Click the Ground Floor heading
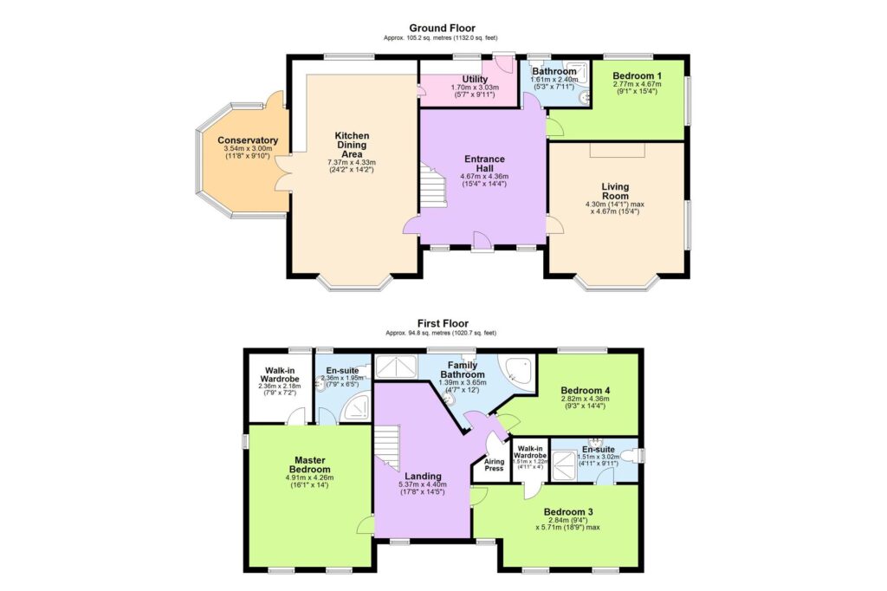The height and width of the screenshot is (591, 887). pos(442,29)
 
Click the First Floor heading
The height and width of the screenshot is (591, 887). pos(442,321)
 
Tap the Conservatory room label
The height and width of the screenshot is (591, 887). pos(248,140)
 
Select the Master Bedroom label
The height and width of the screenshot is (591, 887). pos(309,464)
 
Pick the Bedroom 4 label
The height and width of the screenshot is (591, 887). pos(586,391)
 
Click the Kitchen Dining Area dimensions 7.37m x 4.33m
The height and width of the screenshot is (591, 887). pos(353,162)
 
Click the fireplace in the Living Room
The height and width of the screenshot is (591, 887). pos(618,151)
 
